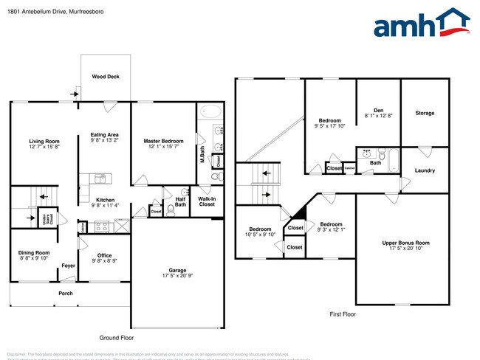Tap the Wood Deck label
click(x=105, y=76)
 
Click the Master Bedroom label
click(x=163, y=141)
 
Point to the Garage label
click(x=177, y=271)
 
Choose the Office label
click(x=104, y=255)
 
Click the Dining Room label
click(x=34, y=253)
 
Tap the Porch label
click(x=66, y=293)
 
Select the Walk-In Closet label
click(x=207, y=201)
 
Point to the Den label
click(x=378, y=110)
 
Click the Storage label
click(x=425, y=113)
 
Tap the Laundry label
click(x=425, y=170)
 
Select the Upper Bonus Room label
click(x=405, y=243)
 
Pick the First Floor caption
click(x=343, y=314)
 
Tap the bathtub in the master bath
click(x=211, y=112)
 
